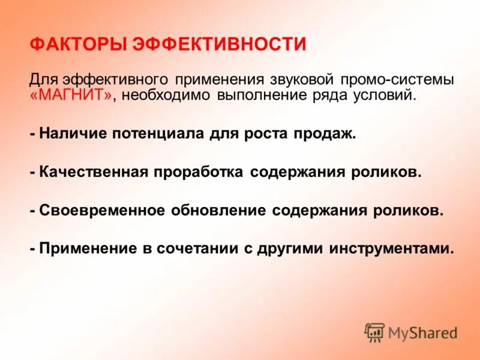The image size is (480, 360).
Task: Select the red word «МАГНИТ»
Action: tap(71, 96)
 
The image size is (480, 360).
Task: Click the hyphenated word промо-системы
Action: tap(398, 80)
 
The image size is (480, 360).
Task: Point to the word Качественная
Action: tap(94, 172)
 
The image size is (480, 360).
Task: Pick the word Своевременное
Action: tap(102, 211)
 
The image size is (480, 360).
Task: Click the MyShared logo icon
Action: tap(374, 332)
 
